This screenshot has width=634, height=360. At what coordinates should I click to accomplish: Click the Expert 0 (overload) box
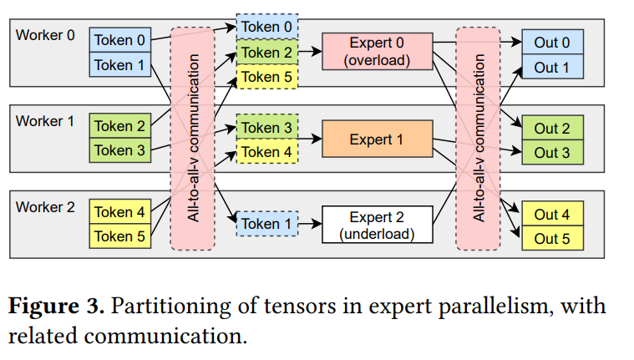coord(377,52)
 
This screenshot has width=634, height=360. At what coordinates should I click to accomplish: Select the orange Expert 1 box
coord(377,139)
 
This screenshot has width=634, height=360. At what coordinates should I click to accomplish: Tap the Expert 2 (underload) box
coord(377,225)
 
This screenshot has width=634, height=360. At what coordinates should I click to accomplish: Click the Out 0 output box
coord(551,43)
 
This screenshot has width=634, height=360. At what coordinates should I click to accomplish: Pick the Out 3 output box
coord(551,152)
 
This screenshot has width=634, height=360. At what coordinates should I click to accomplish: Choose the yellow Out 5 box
coord(551,239)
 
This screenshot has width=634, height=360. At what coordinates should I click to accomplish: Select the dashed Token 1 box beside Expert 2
coord(266,224)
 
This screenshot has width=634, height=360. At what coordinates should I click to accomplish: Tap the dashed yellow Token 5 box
coord(266,77)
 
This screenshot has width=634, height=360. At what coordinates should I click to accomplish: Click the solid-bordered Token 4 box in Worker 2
coord(119,212)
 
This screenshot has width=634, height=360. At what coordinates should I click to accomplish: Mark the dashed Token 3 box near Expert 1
coord(266,128)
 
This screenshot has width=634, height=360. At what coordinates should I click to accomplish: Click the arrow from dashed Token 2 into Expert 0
coord(309,52)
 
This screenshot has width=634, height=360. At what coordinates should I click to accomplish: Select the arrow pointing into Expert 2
coord(309,224)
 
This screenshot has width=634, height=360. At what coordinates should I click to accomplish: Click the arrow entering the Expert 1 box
coord(309,139)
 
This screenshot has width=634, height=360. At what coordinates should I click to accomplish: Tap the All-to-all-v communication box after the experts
coord(478,138)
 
